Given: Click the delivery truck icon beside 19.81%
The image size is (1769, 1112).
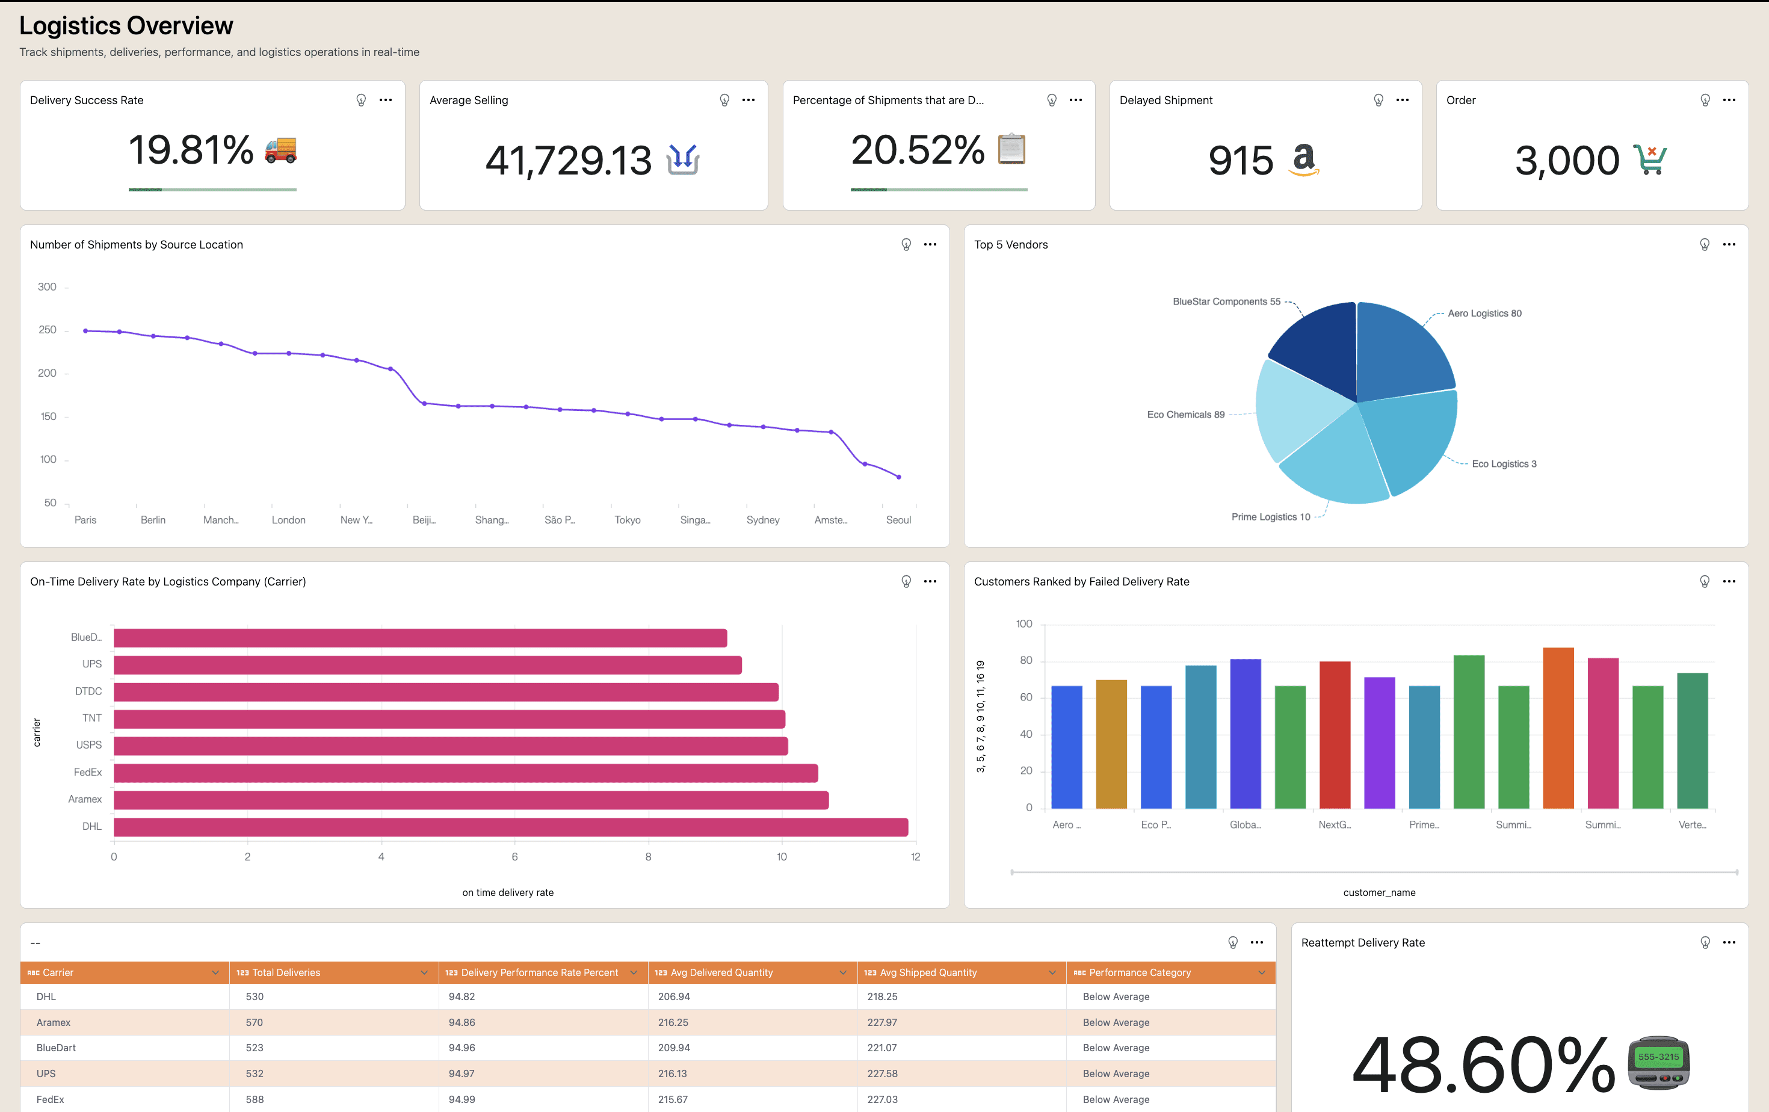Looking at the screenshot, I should [x=280, y=150].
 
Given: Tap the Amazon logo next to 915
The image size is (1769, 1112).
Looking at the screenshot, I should [x=1304, y=159].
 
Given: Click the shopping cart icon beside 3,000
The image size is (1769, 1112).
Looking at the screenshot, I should [x=1649, y=159].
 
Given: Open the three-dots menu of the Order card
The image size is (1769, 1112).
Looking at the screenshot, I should [x=1729, y=100].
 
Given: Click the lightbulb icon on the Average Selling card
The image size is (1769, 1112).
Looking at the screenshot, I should [x=724, y=100].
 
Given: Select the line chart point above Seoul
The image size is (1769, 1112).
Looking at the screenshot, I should [x=898, y=477].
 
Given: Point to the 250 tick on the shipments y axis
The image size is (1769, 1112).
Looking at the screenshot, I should [x=48, y=330].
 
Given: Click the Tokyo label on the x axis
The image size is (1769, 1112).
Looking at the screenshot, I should [x=628, y=520].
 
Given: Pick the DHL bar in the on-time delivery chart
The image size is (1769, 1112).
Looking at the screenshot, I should [x=511, y=827].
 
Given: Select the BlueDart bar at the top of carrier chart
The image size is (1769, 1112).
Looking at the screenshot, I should [x=420, y=637].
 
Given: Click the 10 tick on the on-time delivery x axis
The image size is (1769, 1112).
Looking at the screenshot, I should [x=782, y=856].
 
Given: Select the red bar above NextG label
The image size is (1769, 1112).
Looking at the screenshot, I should [x=1335, y=735].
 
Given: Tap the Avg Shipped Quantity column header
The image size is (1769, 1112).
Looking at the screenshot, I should [x=928, y=972].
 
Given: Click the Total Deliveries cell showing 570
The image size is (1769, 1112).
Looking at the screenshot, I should [x=255, y=1022].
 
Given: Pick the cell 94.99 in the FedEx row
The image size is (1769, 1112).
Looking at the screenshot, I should [x=462, y=1099].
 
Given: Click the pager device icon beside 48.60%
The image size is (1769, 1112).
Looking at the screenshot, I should [x=1659, y=1063].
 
